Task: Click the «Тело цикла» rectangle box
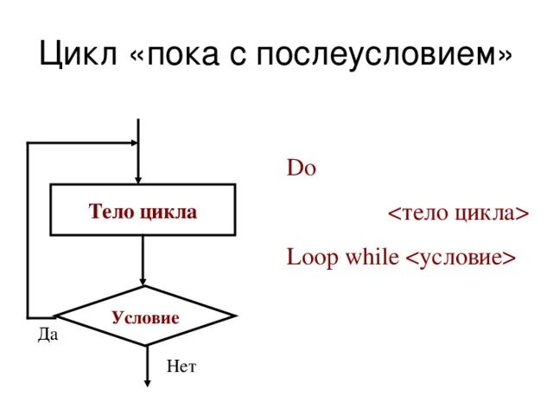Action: (x=143, y=209)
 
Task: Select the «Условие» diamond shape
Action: (x=144, y=316)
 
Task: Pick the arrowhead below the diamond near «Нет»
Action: (x=144, y=380)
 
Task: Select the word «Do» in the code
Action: (x=302, y=168)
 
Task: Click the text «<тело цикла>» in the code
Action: (x=457, y=213)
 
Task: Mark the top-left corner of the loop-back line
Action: (x=29, y=144)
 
